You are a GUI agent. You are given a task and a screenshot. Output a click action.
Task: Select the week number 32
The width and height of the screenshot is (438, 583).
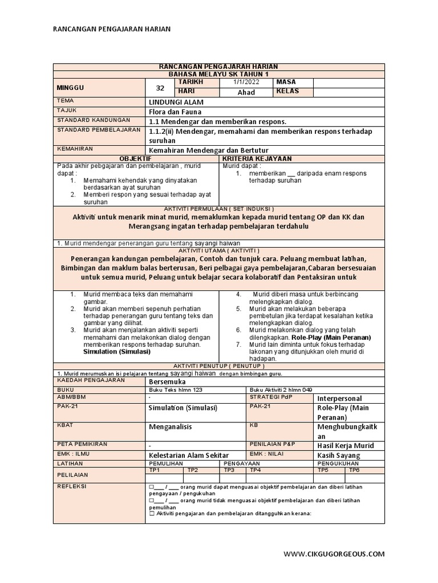pos(160,88)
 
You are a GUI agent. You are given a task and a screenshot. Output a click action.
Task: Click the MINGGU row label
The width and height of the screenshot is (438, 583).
pos(70,88)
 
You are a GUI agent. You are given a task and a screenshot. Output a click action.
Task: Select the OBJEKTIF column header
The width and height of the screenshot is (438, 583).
pos(135,158)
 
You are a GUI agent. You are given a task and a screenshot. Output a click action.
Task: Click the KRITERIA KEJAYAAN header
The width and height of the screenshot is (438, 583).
pos(257,158)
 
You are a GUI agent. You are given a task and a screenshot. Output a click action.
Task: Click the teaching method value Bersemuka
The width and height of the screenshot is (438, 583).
pos(167,381)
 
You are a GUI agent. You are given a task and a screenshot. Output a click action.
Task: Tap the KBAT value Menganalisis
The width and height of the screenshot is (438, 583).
pos(171,426)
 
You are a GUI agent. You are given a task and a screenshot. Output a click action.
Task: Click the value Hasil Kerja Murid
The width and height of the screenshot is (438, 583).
pos(346,446)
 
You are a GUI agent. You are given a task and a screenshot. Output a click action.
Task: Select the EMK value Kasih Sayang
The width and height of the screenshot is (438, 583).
pos(339,455)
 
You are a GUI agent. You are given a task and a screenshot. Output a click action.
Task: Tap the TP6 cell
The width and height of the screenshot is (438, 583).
pos(354,470)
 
